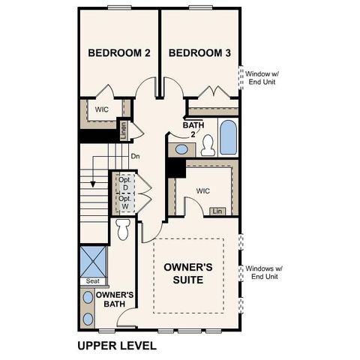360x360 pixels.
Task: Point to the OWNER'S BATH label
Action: click(114, 298)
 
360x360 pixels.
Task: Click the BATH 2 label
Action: click(193, 128)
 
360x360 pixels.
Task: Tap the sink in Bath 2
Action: click(181, 150)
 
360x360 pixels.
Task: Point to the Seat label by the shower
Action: click(93, 281)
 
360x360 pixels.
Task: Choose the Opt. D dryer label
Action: click(125, 184)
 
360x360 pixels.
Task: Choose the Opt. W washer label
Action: click(125, 202)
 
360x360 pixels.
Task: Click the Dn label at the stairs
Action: click(135, 157)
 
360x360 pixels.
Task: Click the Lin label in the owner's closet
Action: click(217, 211)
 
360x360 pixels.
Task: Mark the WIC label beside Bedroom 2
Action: click(101, 109)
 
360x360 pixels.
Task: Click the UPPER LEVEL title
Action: click(117, 346)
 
